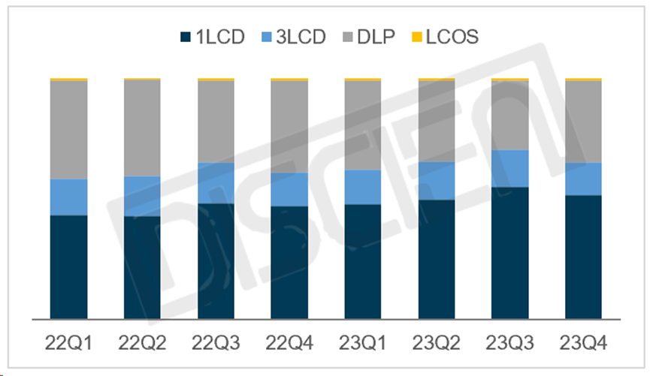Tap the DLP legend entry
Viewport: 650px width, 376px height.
tap(369, 36)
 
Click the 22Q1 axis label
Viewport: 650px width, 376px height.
tap(68, 344)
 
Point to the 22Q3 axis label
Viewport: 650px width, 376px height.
tap(216, 344)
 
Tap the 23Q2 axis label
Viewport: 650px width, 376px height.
tap(437, 344)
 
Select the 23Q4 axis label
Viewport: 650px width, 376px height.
tap(584, 344)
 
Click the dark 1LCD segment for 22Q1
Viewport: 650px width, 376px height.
tap(68, 266)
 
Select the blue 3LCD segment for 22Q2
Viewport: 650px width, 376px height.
tap(142, 196)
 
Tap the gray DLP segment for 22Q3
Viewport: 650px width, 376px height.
tap(216, 121)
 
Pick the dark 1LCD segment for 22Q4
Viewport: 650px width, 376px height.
tap(289, 262)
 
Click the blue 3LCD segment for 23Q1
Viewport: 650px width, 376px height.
tap(363, 187)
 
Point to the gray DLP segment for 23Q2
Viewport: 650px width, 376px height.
tap(437, 121)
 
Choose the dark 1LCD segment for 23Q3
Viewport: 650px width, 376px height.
tap(510, 252)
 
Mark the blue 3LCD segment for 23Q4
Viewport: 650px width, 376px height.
tap(584, 179)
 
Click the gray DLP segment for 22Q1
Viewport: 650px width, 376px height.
tap(68, 129)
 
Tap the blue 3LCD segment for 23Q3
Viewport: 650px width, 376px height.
tap(510, 168)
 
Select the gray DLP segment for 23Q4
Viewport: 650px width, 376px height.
tap(584, 121)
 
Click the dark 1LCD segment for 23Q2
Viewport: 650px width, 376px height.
tap(437, 259)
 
